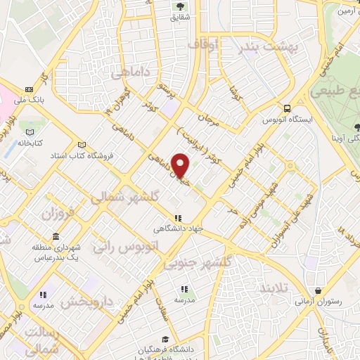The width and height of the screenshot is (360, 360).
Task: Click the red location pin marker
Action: (181, 166)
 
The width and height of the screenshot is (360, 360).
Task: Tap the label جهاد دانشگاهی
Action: (179, 229)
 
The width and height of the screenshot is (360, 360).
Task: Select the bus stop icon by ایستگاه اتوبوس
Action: (287, 108)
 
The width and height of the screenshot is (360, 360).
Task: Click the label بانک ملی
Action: (32, 100)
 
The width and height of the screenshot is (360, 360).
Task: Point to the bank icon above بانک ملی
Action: (30, 89)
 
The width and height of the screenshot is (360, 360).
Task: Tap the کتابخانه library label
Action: (29, 143)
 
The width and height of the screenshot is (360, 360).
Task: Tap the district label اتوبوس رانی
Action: (136, 246)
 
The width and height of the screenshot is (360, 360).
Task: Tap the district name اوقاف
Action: (204, 44)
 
